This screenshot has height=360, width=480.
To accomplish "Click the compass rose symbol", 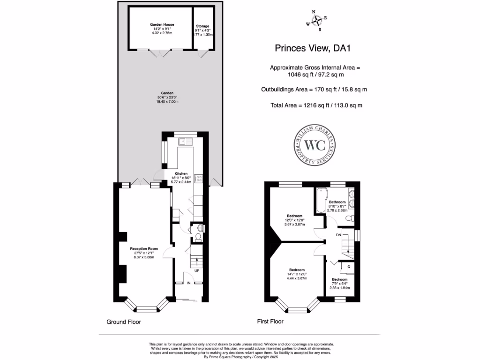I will click(317, 21).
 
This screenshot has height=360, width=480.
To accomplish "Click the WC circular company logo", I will click(315, 145).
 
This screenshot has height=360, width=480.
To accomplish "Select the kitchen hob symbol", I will click(198, 178).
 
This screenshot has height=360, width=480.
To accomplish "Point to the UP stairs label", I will click(197, 271).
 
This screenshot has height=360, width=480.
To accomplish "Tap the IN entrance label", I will click(188, 283).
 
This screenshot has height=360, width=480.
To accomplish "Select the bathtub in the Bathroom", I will click(321, 200).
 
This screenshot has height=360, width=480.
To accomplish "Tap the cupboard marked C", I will click(348, 266).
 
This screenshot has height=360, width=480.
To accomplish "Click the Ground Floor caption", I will click(124, 322).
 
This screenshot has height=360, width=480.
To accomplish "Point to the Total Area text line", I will click(316, 105).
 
